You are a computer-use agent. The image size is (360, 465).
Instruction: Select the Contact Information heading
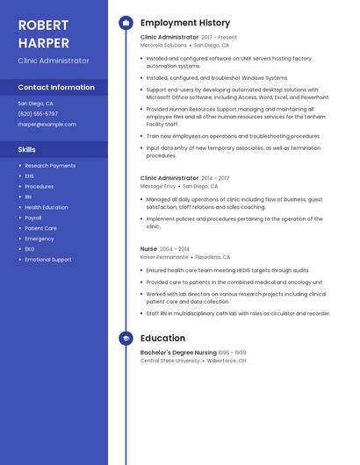click(56, 87)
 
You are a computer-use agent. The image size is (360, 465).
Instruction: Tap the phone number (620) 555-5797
click(38, 114)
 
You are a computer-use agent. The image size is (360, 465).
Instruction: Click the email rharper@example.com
click(47, 125)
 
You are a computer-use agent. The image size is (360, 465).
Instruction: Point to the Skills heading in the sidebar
click(26, 149)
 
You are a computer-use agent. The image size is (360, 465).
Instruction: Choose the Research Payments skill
click(50, 166)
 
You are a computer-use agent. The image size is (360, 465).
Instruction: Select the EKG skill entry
click(30, 249)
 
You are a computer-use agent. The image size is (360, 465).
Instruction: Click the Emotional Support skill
click(48, 260)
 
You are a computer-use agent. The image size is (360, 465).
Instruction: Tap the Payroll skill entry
click(33, 218)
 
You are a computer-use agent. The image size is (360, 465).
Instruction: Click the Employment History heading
click(185, 23)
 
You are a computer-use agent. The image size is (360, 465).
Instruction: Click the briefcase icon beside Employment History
click(126, 23)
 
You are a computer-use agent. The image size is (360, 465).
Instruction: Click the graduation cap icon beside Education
click(126, 338)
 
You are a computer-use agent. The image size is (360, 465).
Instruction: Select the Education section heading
click(162, 338)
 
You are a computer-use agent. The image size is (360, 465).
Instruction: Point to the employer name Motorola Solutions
click(163, 45)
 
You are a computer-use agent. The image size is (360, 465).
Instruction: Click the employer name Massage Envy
click(158, 186)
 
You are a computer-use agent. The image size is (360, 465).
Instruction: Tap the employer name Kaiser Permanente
click(164, 257)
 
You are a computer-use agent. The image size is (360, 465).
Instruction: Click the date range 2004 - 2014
click(174, 249)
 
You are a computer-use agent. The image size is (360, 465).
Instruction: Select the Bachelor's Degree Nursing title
click(178, 352)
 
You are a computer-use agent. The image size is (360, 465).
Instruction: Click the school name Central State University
click(170, 361)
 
